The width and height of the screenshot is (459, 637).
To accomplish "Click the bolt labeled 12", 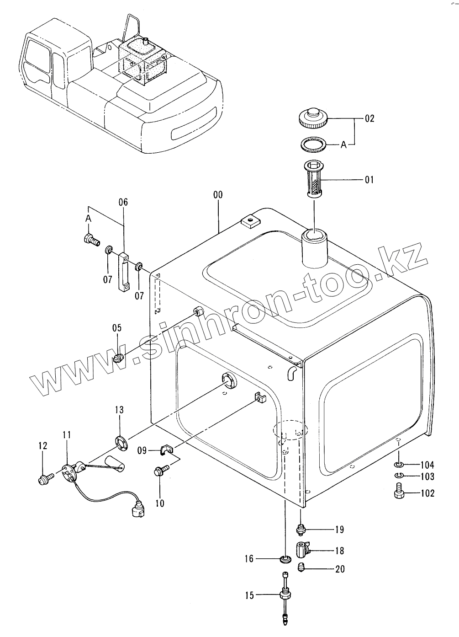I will (44, 478).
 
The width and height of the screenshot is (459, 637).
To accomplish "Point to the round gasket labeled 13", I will (121, 442).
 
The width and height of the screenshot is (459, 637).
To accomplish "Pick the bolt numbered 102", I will (398, 493).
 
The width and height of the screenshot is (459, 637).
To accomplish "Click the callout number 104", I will (427, 466).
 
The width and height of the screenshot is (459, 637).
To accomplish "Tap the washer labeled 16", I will (285, 559).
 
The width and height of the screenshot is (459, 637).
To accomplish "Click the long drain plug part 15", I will (285, 596).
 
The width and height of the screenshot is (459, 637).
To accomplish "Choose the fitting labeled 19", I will (301, 530).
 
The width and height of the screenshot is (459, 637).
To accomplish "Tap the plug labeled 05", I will (119, 358).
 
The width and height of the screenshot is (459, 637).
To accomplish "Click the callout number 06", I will (123, 202).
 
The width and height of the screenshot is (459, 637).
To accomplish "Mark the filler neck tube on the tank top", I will (314, 250).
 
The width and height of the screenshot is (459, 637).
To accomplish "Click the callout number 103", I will (427, 477).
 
